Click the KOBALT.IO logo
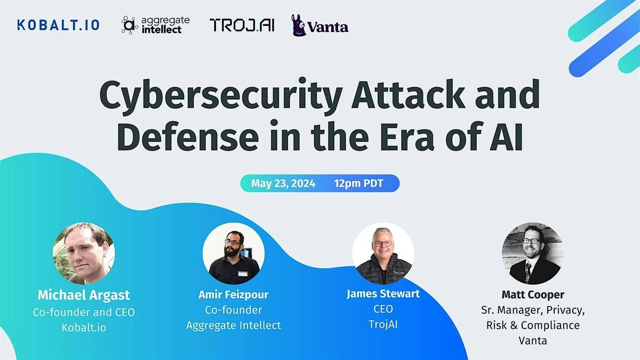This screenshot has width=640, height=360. click(x=58, y=25)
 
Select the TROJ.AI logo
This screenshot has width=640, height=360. click(x=242, y=25)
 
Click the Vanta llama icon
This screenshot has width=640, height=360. click(x=299, y=25)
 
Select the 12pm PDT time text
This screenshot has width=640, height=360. click(x=358, y=183)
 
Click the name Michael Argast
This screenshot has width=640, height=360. click(x=84, y=295)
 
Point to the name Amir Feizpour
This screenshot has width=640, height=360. click(x=234, y=294)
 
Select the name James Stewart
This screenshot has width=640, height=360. click(x=383, y=294)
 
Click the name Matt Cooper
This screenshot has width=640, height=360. click(x=532, y=294)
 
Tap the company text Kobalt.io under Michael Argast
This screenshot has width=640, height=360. click(x=84, y=327)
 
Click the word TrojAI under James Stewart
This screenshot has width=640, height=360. click(x=383, y=325)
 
